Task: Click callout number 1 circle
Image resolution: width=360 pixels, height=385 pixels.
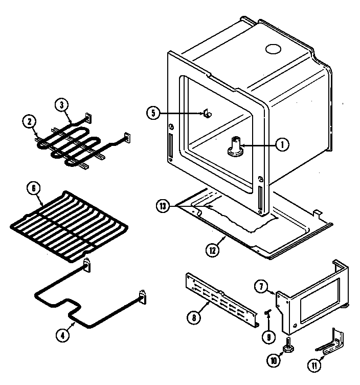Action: [281, 145]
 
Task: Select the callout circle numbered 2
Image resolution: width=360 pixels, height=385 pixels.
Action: [30, 122]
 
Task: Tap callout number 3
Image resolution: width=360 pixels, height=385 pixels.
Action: [62, 105]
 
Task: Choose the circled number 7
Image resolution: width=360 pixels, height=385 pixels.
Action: [262, 287]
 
